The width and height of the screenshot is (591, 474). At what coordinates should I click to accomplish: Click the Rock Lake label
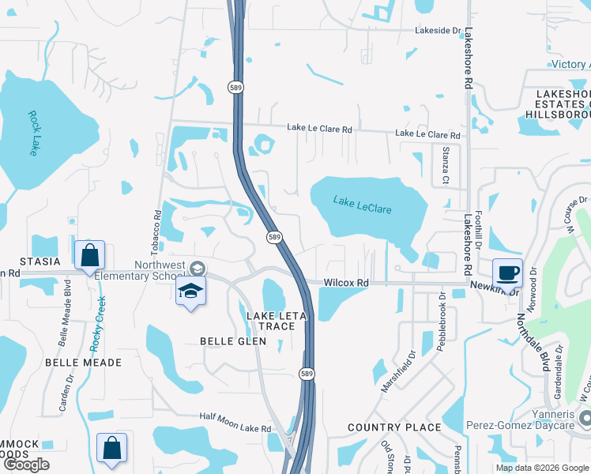tap(33, 133)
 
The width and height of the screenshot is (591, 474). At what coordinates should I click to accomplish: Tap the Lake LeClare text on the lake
tap(362, 205)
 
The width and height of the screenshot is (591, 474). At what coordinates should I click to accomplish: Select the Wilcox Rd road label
tap(346, 283)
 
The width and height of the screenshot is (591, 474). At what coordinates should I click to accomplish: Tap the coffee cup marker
tap(507, 273)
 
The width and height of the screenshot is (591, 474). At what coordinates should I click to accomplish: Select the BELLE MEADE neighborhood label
tap(83, 362)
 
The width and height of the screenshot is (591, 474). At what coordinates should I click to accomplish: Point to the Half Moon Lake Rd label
tap(235, 427)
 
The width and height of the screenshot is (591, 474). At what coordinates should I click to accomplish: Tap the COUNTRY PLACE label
tap(394, 427)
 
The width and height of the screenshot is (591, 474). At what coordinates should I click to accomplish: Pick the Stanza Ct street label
tap(446, 160)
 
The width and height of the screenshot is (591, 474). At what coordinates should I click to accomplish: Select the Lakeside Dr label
tap(438, 31)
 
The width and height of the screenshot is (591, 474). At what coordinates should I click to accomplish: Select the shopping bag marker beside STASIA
tap(89, 255)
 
